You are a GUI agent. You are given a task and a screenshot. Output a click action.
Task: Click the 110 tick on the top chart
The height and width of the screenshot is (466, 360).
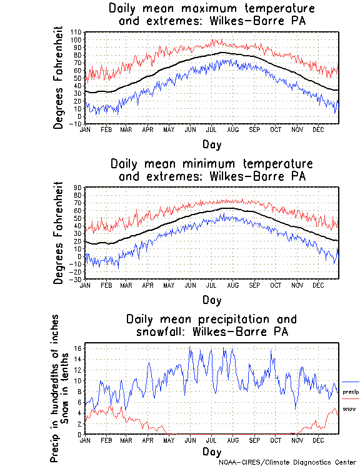coord(77,32)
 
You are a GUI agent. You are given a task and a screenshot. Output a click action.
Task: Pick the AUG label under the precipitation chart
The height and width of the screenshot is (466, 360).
coord(232,440)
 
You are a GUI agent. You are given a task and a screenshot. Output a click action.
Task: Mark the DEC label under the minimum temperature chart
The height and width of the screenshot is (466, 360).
coord(317,285)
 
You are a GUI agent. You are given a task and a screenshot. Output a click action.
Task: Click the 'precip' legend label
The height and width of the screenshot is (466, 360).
coord(351,392)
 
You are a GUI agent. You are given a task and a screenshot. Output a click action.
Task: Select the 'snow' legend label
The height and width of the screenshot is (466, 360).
coord(349,409)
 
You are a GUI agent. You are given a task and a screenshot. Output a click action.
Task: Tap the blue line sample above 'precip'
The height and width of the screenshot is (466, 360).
coord(351,382)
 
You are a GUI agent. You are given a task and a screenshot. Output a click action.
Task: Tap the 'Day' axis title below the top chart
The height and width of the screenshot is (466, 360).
coord(211,144)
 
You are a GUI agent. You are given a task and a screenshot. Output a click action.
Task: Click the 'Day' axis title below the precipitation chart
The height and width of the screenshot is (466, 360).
coord(211,451)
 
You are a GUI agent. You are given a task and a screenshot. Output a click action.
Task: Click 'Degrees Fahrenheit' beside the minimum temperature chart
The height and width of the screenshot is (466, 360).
coord(59,233)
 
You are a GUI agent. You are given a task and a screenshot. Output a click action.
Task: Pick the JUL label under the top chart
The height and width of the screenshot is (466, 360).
coord(211,129)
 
